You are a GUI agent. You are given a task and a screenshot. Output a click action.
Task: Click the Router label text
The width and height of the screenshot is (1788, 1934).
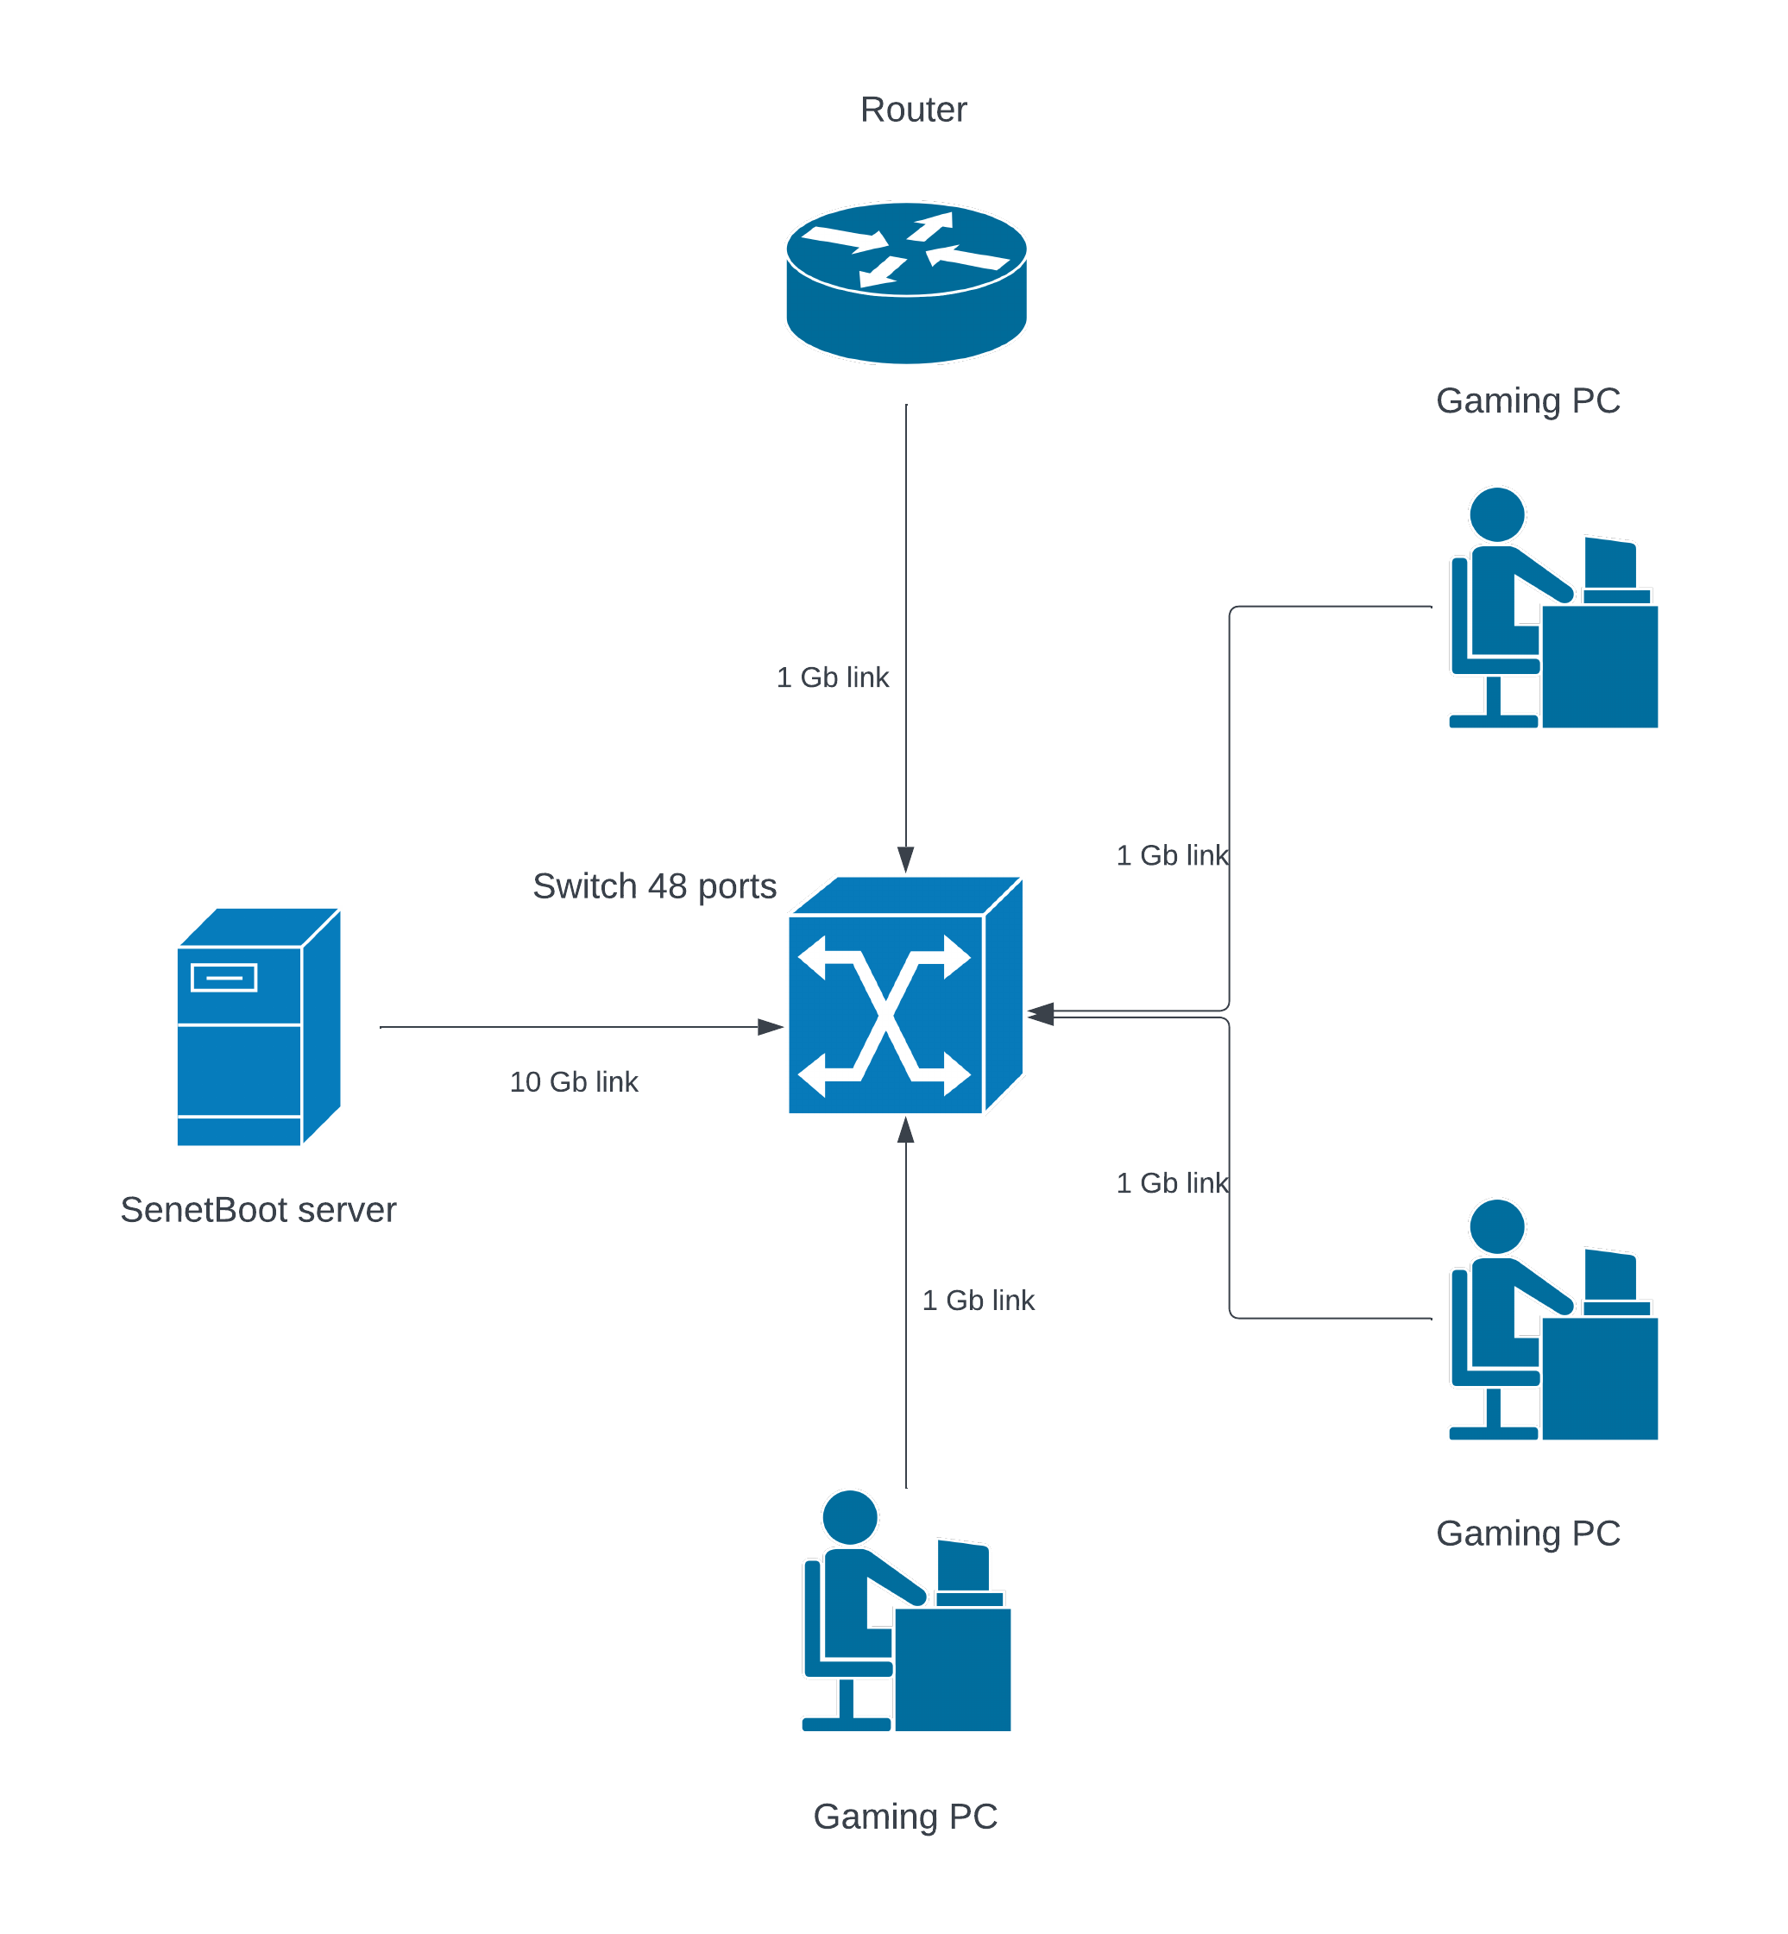[912, 110]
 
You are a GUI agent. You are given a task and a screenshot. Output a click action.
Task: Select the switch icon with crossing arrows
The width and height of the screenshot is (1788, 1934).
[886, 1014]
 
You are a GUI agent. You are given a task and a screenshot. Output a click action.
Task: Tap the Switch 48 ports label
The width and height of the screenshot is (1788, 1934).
[654, 885]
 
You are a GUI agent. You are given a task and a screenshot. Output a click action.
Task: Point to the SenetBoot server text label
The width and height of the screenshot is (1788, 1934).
[257, 1209]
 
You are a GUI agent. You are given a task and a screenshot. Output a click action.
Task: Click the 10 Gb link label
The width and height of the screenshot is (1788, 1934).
[573, 1081]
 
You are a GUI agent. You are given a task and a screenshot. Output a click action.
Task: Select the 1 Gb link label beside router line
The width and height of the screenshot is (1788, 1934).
[832, 677]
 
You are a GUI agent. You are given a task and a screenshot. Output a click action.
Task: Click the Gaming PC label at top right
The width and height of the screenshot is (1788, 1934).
[1527, 400]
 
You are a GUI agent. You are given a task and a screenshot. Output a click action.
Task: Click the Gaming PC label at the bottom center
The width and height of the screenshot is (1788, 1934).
[904, 1816]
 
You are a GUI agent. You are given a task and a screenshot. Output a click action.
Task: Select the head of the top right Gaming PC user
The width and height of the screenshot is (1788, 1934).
[1497, 514]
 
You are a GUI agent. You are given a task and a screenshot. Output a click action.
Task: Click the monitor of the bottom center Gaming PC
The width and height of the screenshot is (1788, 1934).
[964, 1566]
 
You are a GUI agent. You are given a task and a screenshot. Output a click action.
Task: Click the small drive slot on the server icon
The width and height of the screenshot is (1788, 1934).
[223, 977]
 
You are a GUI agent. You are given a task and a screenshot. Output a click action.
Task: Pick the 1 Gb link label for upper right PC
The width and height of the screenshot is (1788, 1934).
[1172, 855]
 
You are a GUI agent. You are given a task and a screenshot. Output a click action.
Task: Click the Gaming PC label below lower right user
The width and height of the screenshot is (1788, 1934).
[1527, 1534]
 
